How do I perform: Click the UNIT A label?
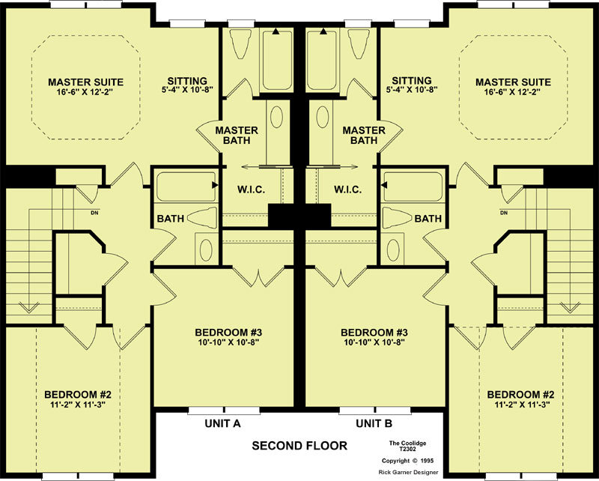[222, 423]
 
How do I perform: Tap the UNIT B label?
[374, 423]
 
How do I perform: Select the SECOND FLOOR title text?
[299, 446]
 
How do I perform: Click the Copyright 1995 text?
[407, 461]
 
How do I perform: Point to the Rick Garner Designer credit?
[408, 472]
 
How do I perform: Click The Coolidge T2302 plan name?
[407, 446]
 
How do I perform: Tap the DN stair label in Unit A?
[94, 213]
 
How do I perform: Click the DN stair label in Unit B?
[504, 213]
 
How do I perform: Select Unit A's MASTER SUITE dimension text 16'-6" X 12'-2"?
[86, 91]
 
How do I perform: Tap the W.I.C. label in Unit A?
[251, 190]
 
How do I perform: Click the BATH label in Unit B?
[428, 218]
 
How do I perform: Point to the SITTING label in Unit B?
[412, 81]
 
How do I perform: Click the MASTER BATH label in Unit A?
[237, 136]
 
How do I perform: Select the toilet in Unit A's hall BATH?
[202, 218]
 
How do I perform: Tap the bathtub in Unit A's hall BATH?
[186, 187]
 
